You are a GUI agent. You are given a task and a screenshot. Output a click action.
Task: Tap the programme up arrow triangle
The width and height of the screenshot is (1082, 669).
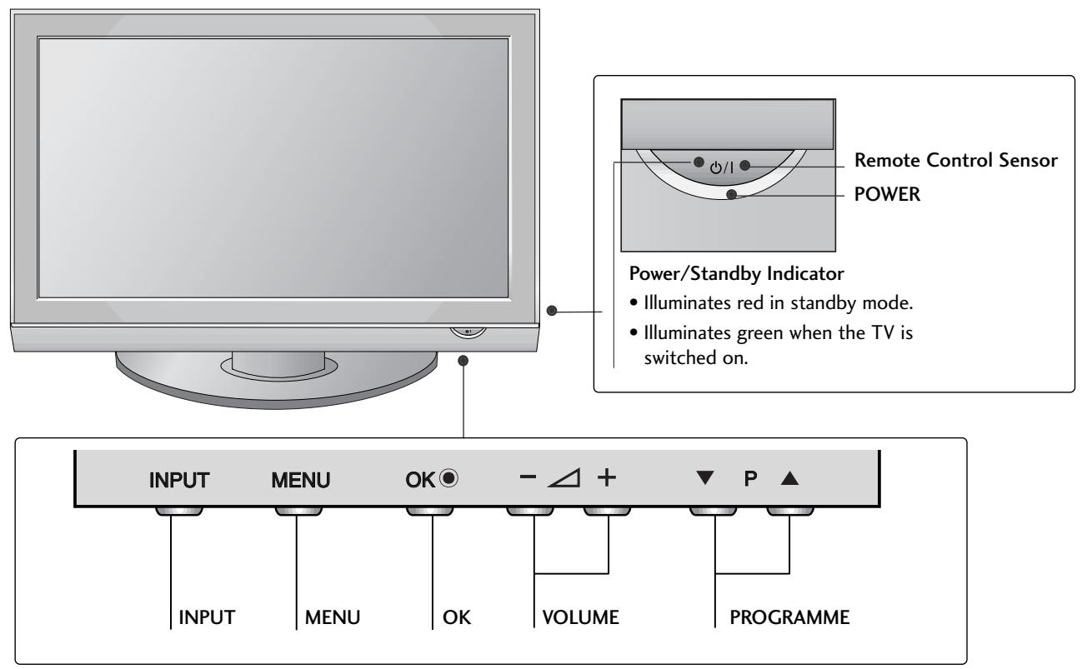[789, 480]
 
